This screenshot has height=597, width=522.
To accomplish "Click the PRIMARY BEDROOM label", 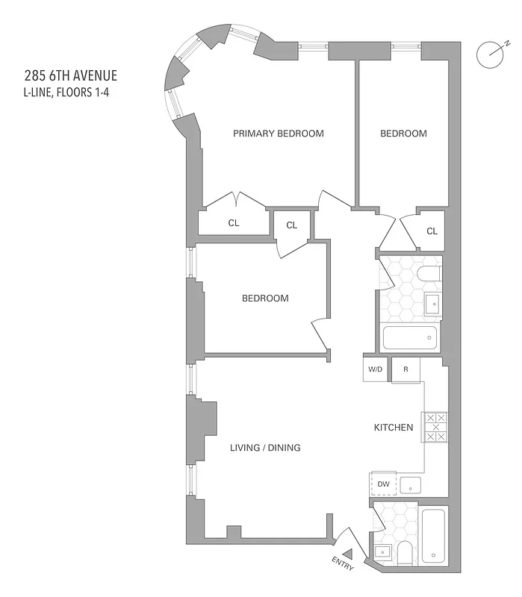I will click(x=278, y=134).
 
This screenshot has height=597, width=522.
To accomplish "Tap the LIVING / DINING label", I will click(x=264, y=448).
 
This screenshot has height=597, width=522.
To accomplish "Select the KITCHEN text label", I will click(x=394, y=428).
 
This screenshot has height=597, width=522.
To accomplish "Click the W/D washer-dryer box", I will click(x=375, y=369).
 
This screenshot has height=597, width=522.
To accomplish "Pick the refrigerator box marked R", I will click(x=406, y=369).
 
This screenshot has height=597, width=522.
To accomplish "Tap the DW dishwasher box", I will click(x=384, y=484).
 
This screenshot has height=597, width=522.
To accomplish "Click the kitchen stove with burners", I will click(x=435, y=427).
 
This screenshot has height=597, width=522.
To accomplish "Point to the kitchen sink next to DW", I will click(x=411, y=486).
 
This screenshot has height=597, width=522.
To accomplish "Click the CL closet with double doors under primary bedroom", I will click(x=234, y=222).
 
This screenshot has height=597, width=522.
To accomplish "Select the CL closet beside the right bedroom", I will click(x=432, y=231).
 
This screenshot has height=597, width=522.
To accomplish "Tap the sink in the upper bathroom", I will click(x=432, y=304).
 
